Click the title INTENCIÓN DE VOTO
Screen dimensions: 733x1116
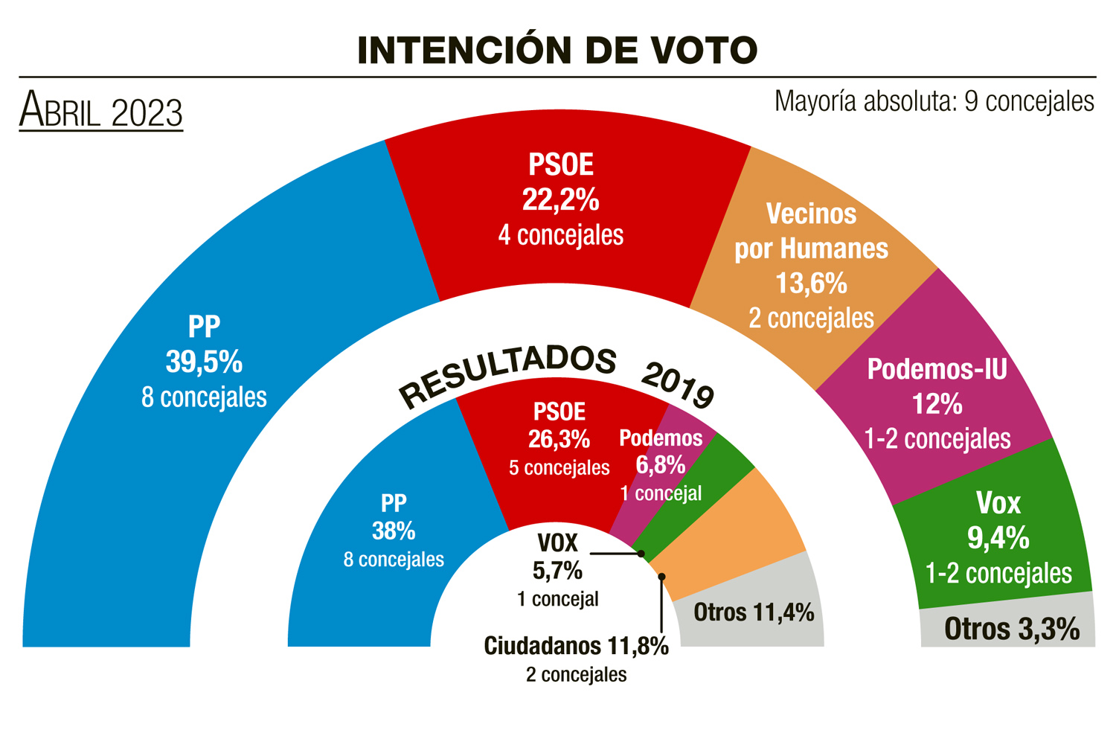click(x=557, y=51)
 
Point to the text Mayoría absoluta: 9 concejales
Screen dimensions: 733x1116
click(x=934, y=101)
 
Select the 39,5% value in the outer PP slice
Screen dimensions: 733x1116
click(x=204, y=362)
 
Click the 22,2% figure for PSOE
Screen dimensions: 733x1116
click(x=560, y=199)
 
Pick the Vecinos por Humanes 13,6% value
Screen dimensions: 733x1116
click(x=811, y=284)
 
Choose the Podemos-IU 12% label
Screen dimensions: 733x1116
click(x=937, y=404)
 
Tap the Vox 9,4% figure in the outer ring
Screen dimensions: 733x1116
click(x=998, y=537)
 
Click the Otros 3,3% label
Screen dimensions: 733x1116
click(x=1012, y=630)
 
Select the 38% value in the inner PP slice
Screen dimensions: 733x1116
click(x=394, y=531)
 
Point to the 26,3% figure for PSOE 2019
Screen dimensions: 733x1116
click(x=559, y=440)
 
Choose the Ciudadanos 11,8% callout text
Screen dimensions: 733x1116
click(x=576, y=646)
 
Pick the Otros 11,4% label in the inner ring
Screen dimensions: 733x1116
click(x=754, y=612)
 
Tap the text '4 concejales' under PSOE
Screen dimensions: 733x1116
click(x=560, y=235)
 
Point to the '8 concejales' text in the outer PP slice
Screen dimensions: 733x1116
click(x=204, y=397)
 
